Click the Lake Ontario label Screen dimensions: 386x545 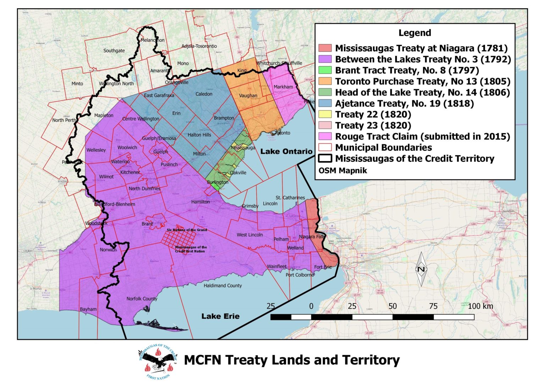point(286,151)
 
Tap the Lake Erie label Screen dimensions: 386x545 point(220,316)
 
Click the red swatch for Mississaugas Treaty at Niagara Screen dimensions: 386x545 point(325,48)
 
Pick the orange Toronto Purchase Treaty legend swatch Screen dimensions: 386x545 point(325,81)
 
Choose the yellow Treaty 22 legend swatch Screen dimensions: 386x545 point(325,114)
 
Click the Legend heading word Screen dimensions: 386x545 point(414,33)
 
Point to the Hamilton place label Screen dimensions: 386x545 point(200,202)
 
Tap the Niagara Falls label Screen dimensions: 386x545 point(312,237)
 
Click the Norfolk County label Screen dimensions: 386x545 point(142,299)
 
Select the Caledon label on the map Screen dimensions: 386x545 point(204,94)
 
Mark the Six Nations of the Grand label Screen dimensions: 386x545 point(187,230)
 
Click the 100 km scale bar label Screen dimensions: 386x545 point(480,306)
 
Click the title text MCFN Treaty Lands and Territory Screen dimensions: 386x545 point(292,360)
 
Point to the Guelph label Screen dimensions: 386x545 point(161,152)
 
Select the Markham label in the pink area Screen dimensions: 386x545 point(283,87)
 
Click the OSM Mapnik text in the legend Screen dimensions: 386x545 point(342,170)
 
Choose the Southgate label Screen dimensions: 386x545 point(114,51)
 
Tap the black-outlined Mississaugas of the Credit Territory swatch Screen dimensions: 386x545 point(325,159)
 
